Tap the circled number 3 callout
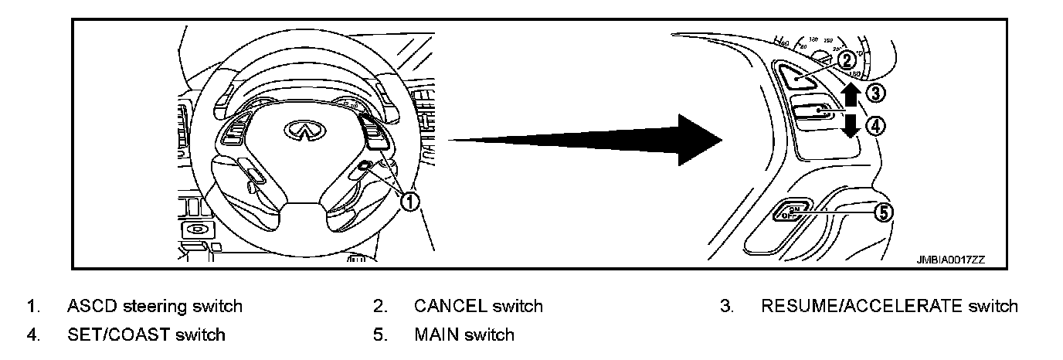tap(875, 93)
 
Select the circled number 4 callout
tap(875, 125)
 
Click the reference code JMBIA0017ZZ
tap(952, 260)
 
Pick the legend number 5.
tap(379, 335)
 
